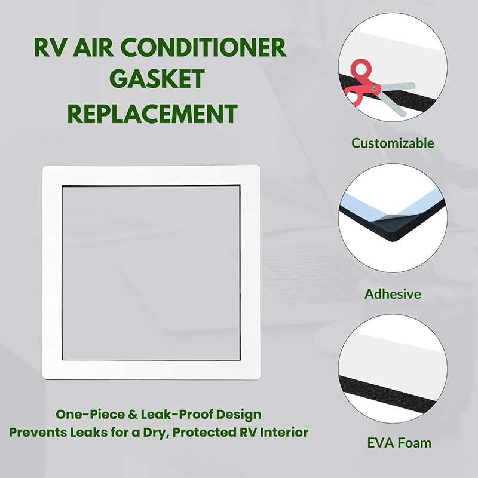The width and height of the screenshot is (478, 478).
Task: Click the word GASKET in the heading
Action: pyautogui.click(x=157, y=78)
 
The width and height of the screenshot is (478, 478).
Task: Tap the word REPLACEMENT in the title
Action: pyautogui.click(x=152, y=114)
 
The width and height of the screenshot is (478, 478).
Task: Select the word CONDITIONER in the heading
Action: pyautogui.click(x=203, y=47)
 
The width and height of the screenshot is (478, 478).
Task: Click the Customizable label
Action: pyautogui.click(x=393, y=143)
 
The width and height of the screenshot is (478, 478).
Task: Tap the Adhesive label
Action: pyautogui.click(x=393, y=294)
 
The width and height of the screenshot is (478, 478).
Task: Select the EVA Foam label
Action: pyautogui.click(x=399, y=443)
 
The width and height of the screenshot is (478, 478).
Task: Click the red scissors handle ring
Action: pyautogui.click(x=361, y=68)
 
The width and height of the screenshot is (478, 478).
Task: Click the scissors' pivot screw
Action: pyautogui.click(x=375, y=89)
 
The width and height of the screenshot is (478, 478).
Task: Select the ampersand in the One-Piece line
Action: pyautogui.click(x=133, y=415)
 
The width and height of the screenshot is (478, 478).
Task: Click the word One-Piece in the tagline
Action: pyautogui.click(x=90, y=415)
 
